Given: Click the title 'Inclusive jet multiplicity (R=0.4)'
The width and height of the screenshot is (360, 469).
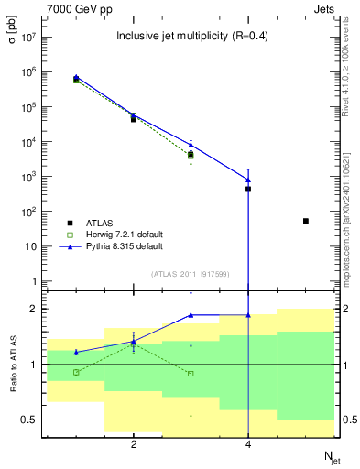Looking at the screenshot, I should (x=191, y=37).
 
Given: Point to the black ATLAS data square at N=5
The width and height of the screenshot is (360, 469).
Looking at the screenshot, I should (x=306, y=221).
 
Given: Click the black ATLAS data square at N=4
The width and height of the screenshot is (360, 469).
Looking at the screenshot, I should (x=248, y=189).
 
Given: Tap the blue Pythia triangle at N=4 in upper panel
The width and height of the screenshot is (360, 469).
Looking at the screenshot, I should (x=248, y=180).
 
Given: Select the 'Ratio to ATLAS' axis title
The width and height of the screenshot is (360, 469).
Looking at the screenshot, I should (x=12, y=365).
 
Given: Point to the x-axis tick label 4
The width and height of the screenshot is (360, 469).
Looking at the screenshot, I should (x=248, y=444).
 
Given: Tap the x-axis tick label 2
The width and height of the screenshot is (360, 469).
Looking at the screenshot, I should (x=134, y=444).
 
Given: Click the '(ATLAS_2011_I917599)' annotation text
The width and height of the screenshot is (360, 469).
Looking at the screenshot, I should (x=191, y=275).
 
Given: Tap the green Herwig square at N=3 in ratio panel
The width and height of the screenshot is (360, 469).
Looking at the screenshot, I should (x=191, y=373).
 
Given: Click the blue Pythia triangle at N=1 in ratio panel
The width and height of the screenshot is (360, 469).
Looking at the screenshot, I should (x=76, y=352).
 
